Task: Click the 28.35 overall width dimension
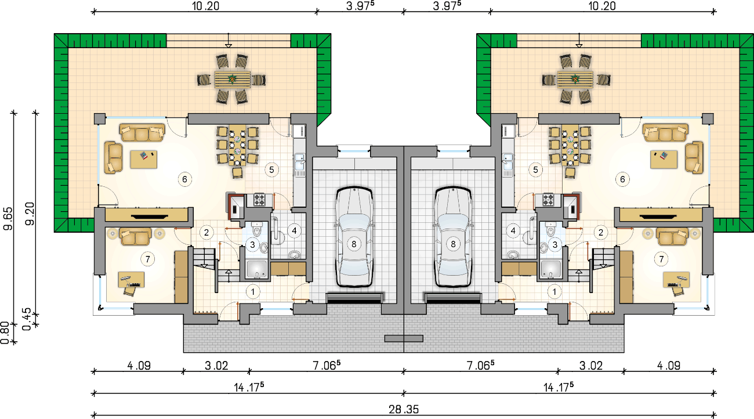coord(404,409)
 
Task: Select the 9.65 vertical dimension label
coord(8,219)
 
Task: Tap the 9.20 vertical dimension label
coord(30,214)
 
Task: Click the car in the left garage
coord(354,237)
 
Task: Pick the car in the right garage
coord(452,237)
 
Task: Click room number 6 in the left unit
coord(184,179)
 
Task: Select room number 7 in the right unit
coord(661,259)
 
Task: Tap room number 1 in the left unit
coord(253,292)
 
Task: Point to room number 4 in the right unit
coord(513,231)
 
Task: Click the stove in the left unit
coord(259,200)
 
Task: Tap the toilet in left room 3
coord(257,229)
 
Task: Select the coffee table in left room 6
coord(144,160)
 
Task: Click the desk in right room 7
coord(676,280)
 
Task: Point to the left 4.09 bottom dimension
coord(139,366)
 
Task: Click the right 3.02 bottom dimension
coord(591,366)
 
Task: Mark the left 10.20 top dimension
coord(205,6)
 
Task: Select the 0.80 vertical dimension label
coord(5,333)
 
